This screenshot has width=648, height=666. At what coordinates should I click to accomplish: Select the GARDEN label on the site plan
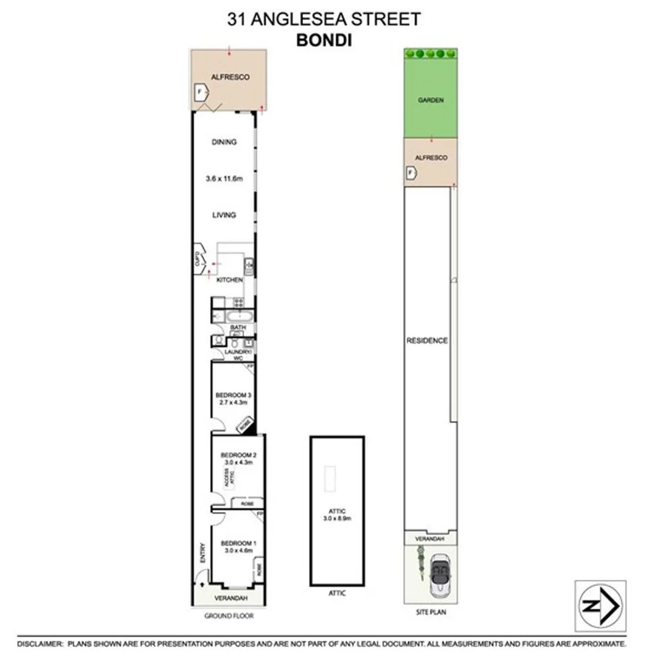pos(431,100)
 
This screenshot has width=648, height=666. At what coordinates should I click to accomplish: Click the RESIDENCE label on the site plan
pos(426,340)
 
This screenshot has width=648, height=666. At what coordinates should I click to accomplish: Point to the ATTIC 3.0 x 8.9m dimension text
pos(337,514)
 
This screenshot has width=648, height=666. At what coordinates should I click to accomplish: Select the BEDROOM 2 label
pos(238,459)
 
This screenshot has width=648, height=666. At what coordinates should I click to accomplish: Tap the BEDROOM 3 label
pos(233,398)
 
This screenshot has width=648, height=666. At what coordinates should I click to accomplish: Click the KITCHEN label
pos(230,281)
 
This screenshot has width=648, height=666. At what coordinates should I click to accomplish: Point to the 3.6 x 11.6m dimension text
pos(225,180)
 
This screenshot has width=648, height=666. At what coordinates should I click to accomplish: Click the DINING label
pos(224,142)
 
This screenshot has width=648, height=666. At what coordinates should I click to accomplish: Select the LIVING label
pos(224,215)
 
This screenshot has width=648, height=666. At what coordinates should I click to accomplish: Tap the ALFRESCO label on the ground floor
pos(230,77)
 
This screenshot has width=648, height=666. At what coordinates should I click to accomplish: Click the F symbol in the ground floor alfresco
pos(199,93)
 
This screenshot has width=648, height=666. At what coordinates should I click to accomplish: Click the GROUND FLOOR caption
pos(229,615)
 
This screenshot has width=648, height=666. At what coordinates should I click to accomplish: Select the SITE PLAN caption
pos(431,612)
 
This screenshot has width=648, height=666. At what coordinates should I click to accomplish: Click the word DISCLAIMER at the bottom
pos(39,644)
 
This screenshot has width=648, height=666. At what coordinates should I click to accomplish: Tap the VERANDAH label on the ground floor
pos(231,599)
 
